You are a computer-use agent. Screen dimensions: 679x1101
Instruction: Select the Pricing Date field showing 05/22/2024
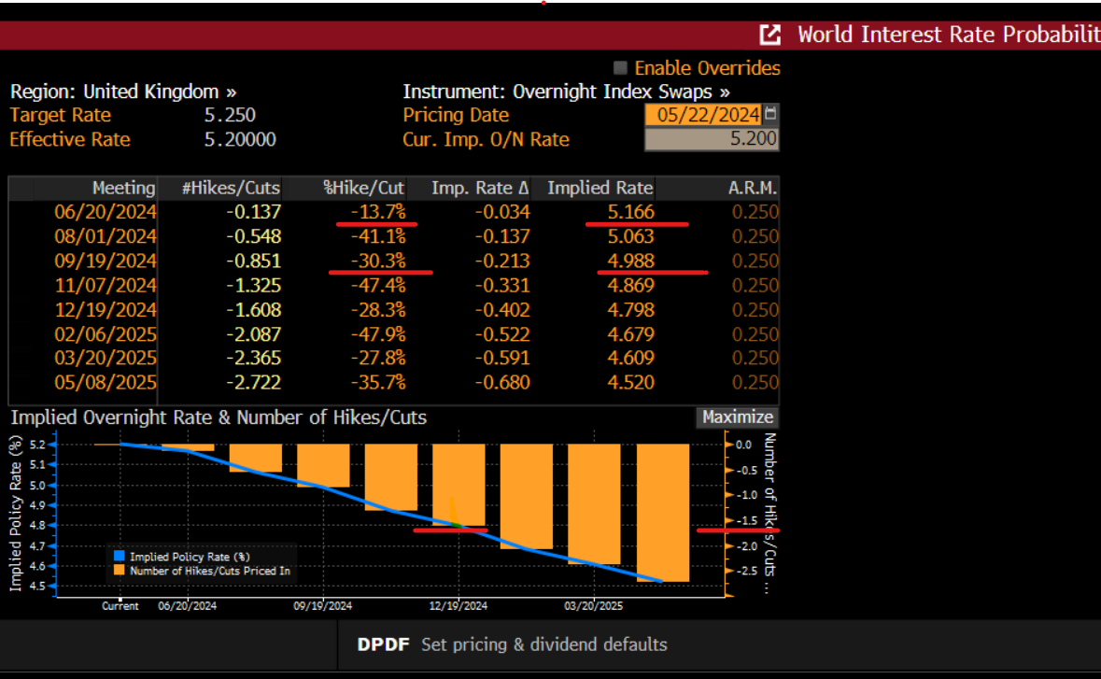[702, 115]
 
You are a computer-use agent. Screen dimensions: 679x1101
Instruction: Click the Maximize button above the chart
[737, 417]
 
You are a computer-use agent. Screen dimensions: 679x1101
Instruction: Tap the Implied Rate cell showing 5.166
[630, 212]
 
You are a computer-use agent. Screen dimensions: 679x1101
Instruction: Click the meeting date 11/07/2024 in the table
[106, 285]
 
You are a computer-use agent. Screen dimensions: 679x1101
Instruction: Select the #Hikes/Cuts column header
[231, 188]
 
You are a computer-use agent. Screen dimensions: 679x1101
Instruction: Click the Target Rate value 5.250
[230, 115]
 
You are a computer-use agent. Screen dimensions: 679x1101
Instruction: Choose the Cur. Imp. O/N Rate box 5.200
[712, 139]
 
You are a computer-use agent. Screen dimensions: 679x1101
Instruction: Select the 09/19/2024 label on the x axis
[322, 605]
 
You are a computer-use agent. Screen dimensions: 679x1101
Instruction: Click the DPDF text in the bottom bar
[383, 644]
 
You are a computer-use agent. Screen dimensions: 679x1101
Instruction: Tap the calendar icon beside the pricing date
[770, 114]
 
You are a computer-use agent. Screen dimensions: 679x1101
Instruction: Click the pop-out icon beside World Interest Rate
[769, 35]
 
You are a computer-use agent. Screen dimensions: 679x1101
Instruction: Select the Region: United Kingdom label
[122, 92]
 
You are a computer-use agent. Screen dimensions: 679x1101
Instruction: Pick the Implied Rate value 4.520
[630, 382]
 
